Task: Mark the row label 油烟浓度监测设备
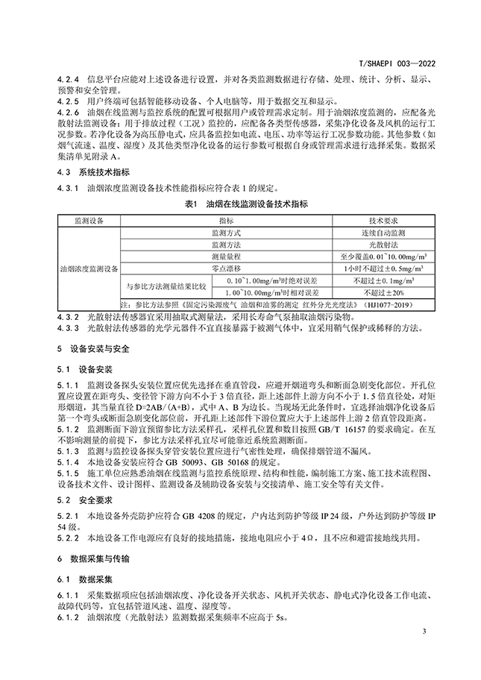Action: (x=90, y=267)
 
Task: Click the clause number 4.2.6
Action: (x=67, y=110)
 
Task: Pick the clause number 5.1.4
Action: (x=67, y=462)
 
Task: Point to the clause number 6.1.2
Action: (x=67, y=617)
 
